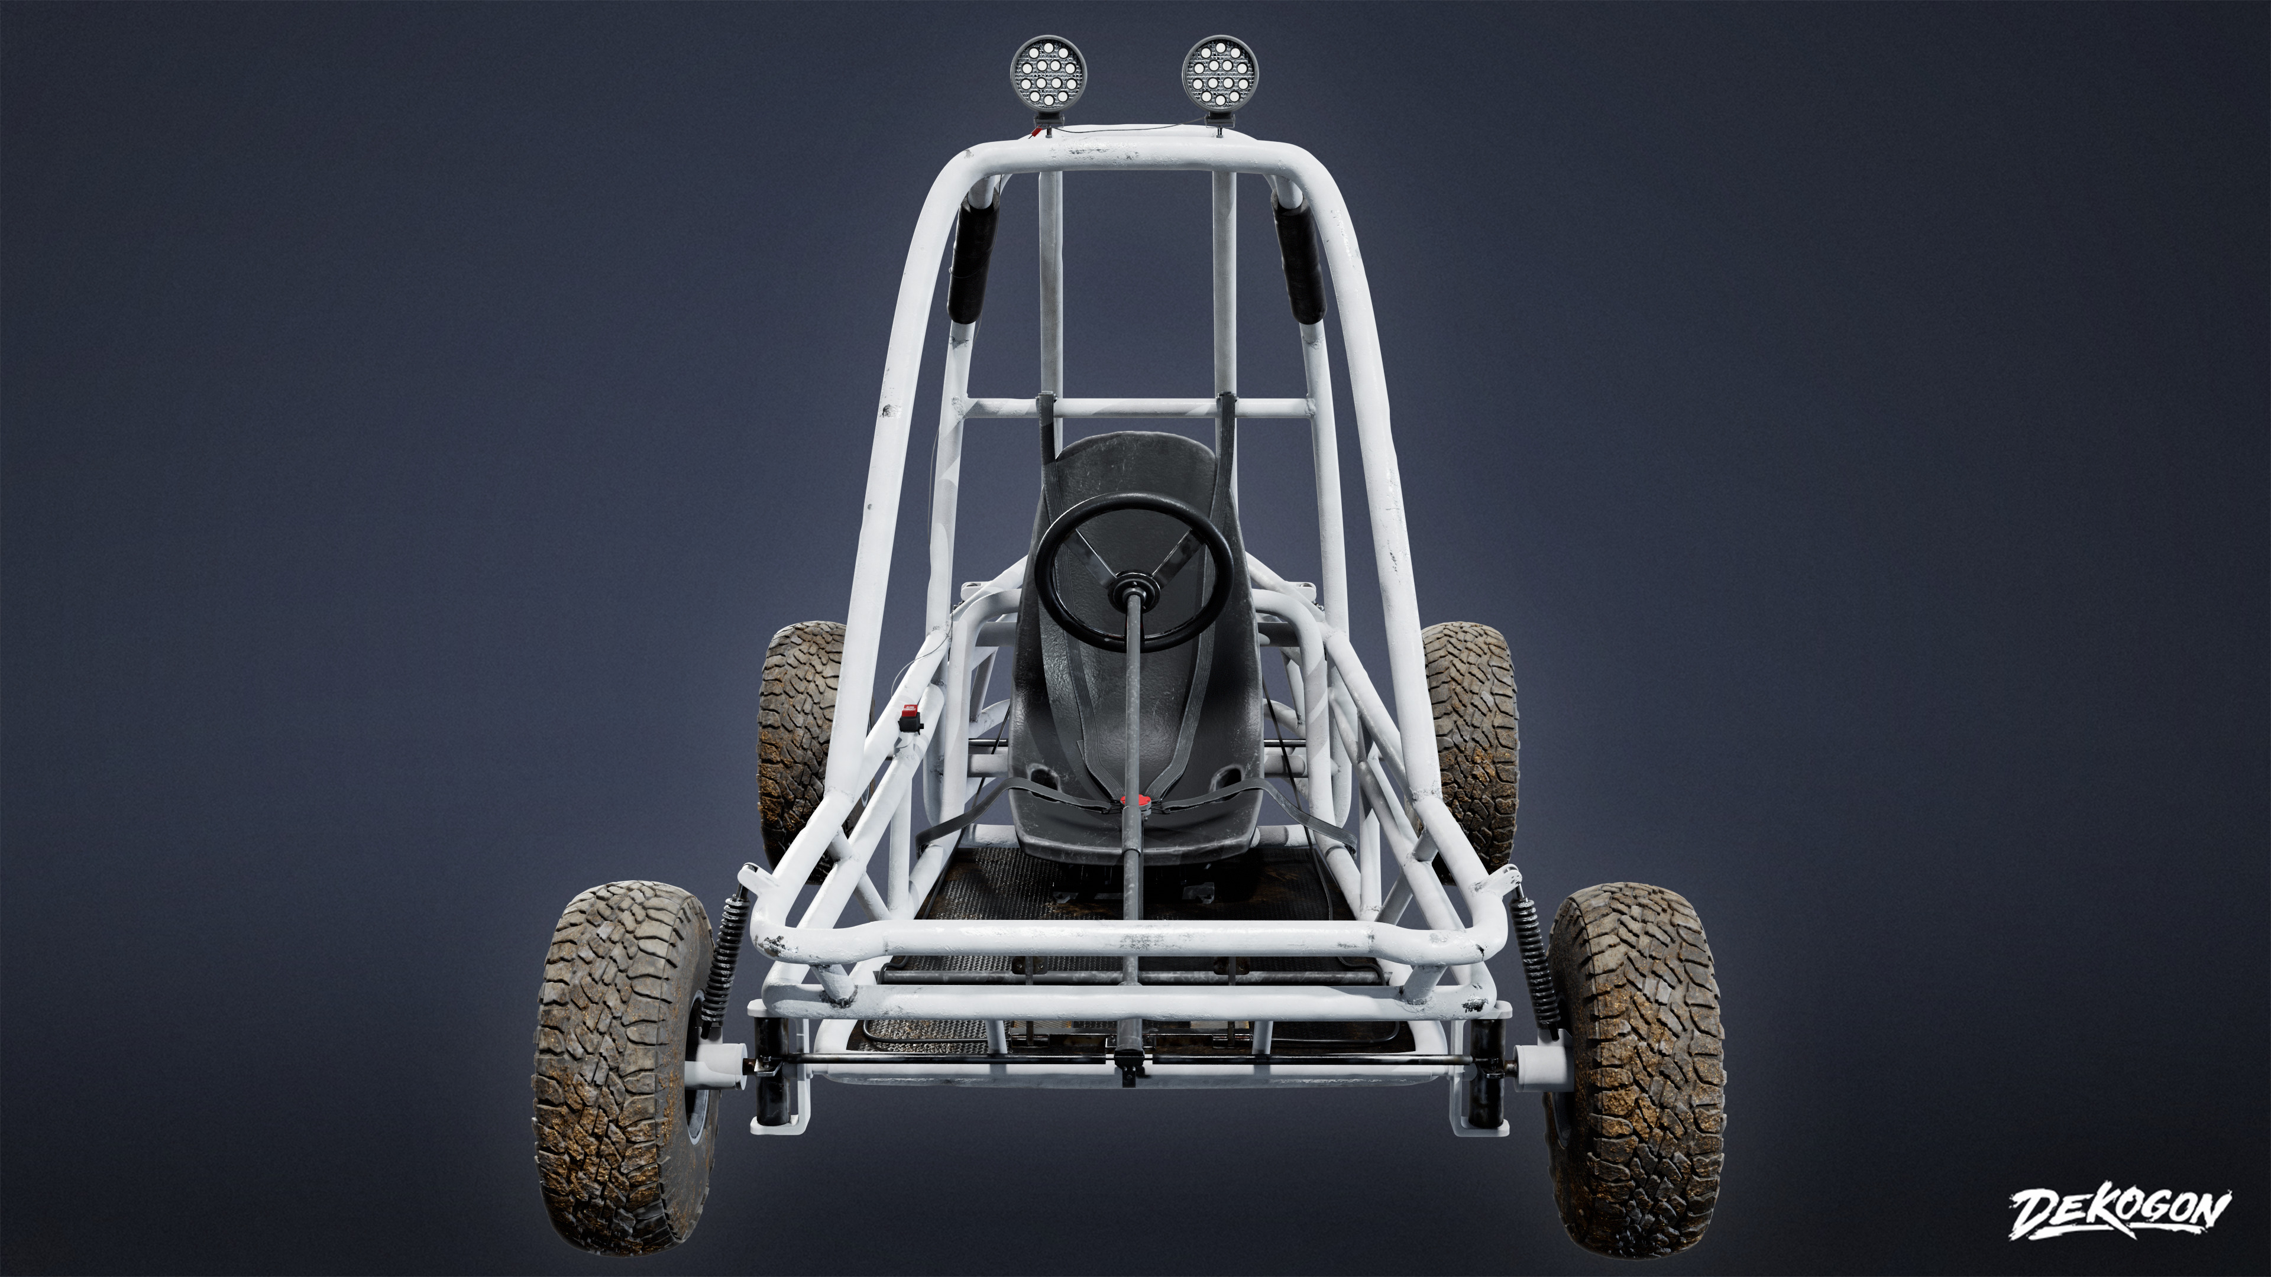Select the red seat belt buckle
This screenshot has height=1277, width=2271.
1137,802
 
